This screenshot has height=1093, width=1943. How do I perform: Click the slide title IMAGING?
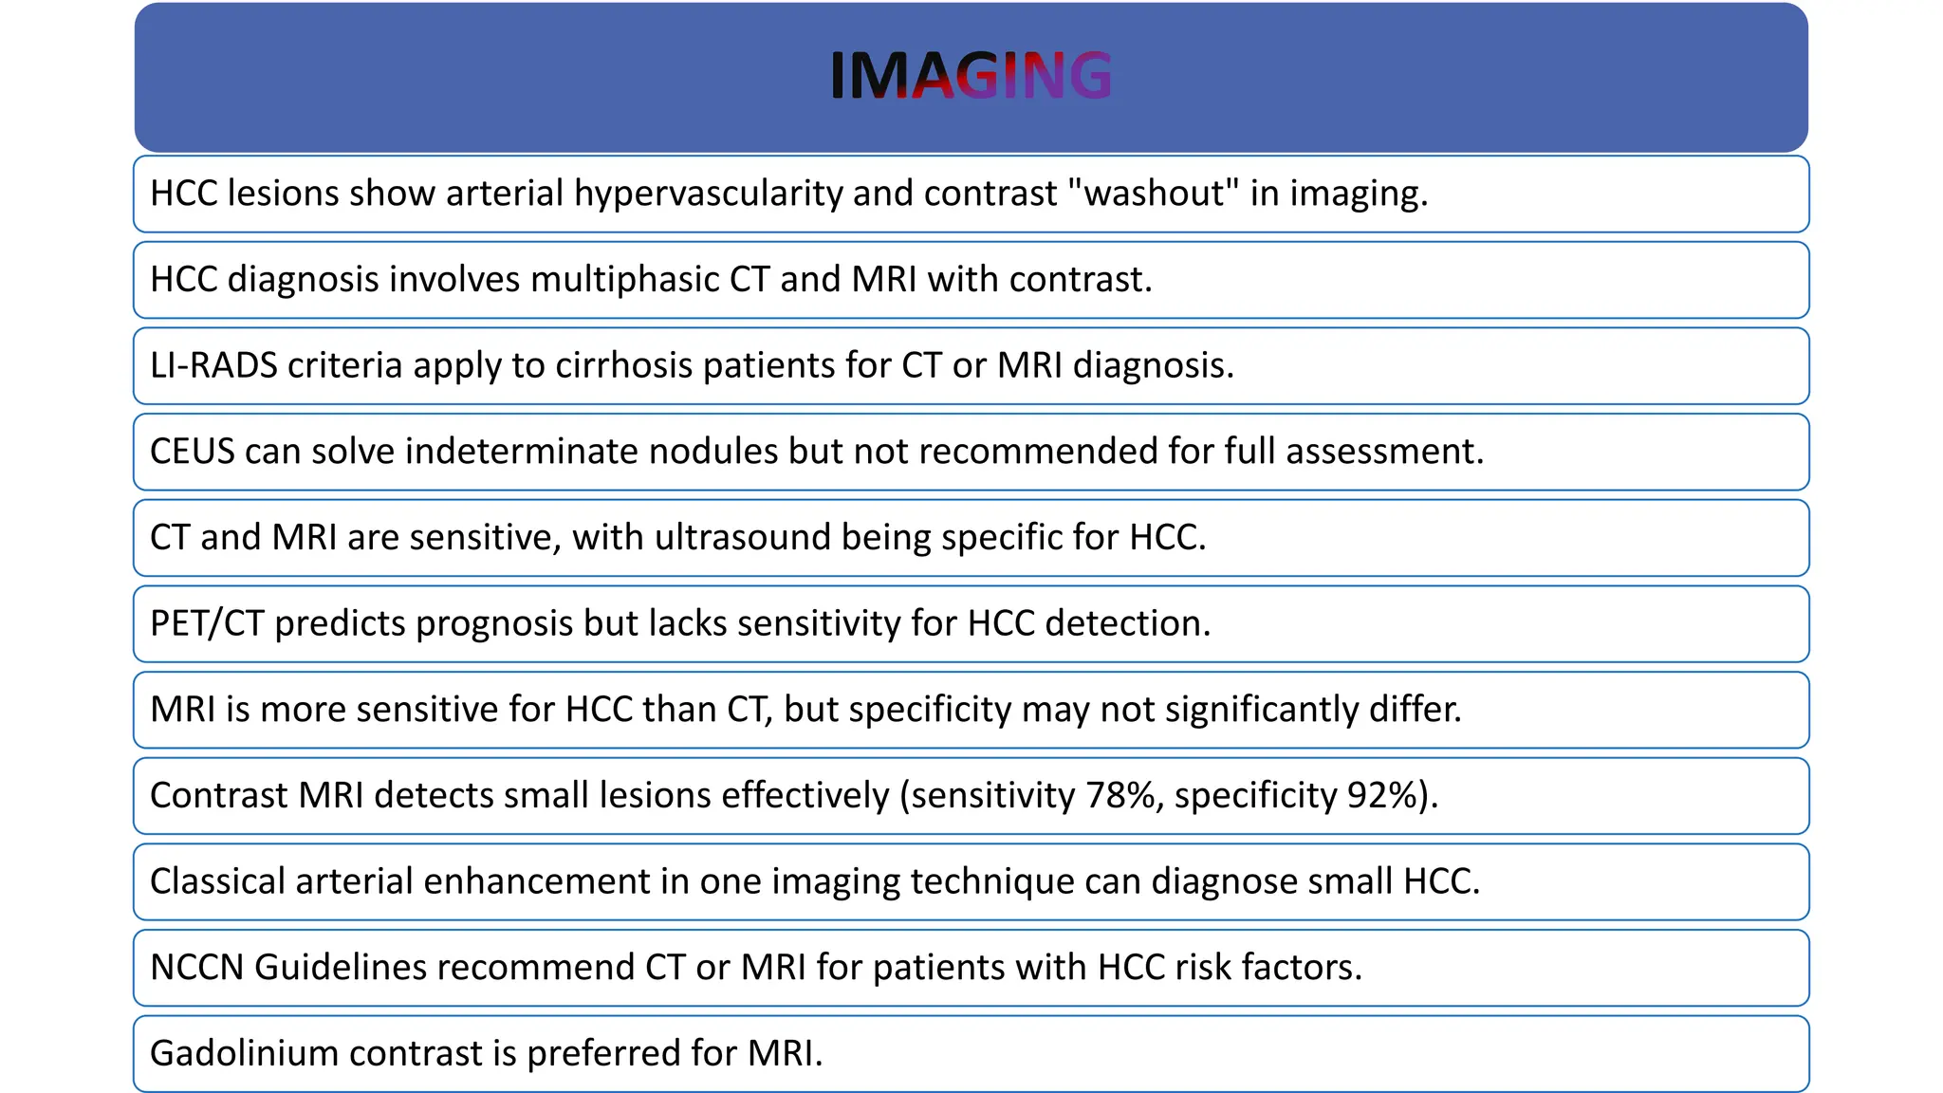click(971, 75)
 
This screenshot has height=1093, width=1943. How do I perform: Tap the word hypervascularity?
click(708, 194)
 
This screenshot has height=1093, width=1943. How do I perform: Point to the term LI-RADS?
click(213, 365)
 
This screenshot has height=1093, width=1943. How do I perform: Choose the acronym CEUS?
click(192, 452)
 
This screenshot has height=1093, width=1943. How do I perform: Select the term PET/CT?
click(207, 623)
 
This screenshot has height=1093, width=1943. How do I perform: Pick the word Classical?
click(217, 881)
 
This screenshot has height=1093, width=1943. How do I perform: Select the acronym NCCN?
click(196, 968)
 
